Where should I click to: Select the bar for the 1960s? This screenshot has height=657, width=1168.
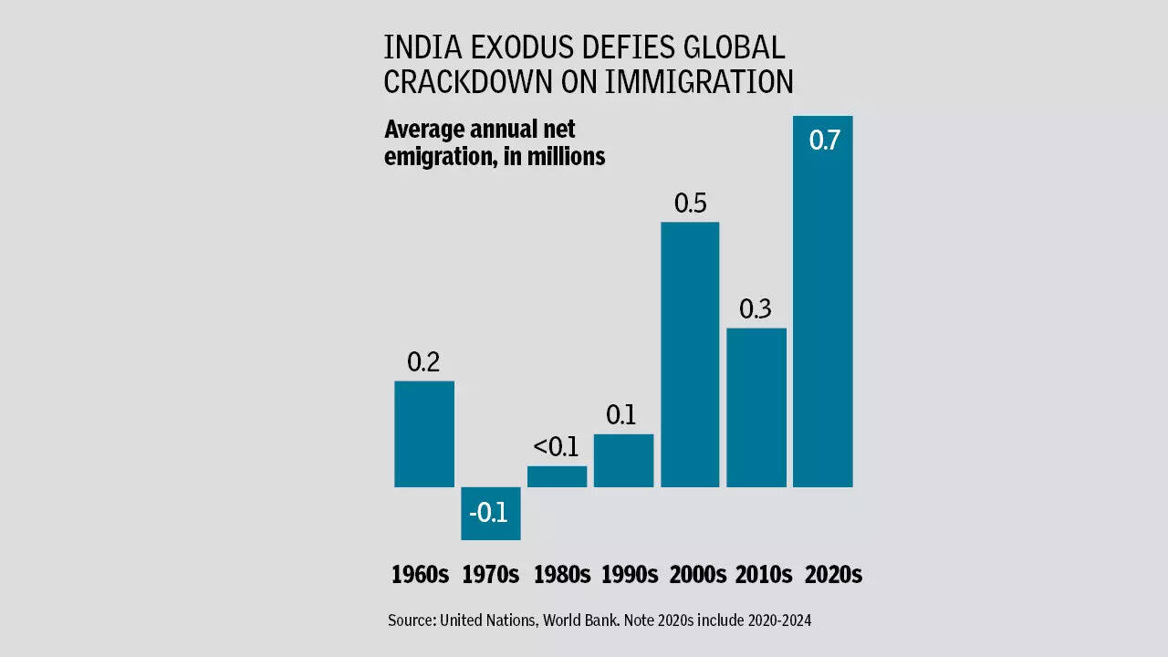(x=424, y=434)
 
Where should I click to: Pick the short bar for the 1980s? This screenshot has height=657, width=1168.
(x=557, y=476)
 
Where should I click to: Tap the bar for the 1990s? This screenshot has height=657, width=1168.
(x=623, y=461)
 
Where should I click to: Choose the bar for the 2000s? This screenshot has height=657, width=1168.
(x=690, y=355)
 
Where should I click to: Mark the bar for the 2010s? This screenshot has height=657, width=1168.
(x=756, y=408)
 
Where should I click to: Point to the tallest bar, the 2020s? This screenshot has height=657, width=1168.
(x=823, y=319)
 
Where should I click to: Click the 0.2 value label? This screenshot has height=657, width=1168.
(x=423, y=362)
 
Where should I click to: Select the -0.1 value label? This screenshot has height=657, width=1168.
(x=489, y=513)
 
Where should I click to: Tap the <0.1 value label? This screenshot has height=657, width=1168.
(x=556, y=447)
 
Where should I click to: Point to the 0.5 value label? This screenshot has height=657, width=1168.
(x=691, y=203)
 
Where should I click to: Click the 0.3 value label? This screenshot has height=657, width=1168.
(x=756, y=309)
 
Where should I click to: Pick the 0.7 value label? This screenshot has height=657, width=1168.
(x=824, y=141)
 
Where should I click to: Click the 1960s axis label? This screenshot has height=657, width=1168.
(x=420, y=575)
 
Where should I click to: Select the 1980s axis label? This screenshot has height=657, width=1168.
(x=562, y=575)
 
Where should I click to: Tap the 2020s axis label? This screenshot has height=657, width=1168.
(x=833, y=575)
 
